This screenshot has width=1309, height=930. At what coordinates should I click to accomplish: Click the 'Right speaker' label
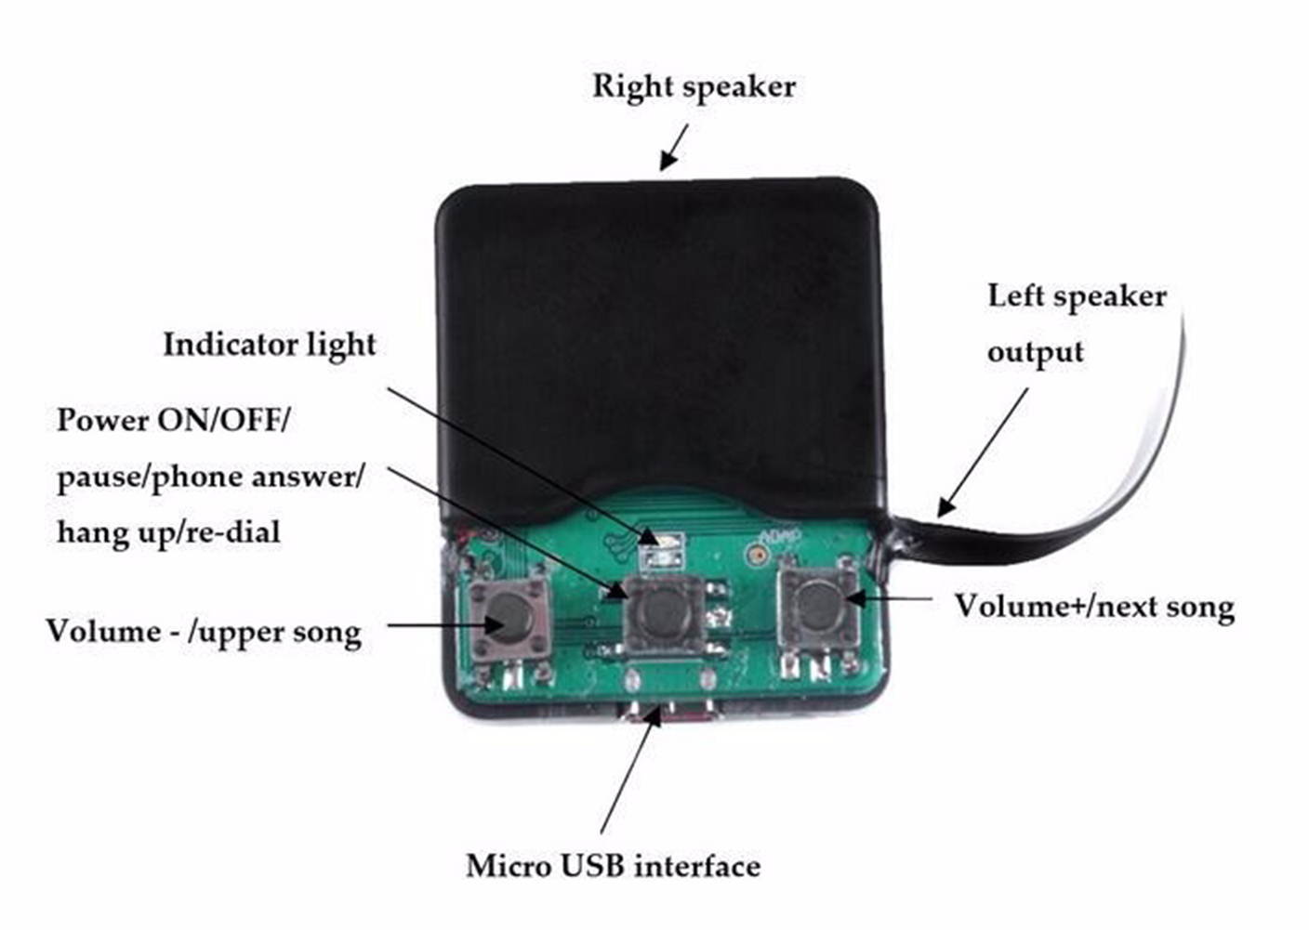point(694,86)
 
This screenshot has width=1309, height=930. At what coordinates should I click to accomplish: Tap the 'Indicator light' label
point(270,345)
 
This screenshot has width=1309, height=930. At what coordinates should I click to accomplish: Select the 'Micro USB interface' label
point(613,866)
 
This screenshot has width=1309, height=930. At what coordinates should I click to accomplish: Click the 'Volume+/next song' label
point(1094,607)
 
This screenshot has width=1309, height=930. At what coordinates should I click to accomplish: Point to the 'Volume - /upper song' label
point(204,632)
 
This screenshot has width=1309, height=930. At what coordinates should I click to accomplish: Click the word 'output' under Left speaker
point(1035,352)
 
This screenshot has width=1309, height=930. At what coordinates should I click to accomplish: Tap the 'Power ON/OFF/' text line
point(173,420)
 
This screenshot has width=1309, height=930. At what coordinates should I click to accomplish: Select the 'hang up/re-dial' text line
point(168,531)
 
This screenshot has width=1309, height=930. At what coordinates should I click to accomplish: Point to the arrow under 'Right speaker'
point(674,147)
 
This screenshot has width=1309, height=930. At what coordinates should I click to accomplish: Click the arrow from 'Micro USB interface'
point(630,771)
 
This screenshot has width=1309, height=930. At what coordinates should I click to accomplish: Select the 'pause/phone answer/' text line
point(210,477)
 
